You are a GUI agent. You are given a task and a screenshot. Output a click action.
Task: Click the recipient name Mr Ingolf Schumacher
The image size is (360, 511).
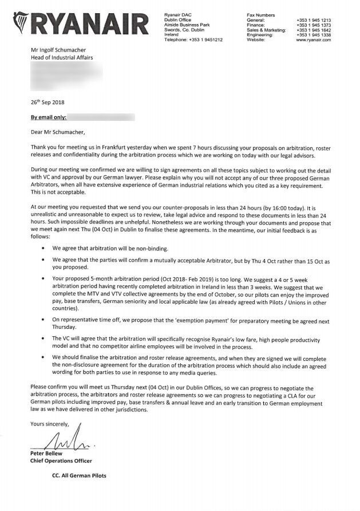coord(60,50)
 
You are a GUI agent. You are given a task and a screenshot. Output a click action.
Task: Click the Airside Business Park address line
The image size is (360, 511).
coord(185,25)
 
